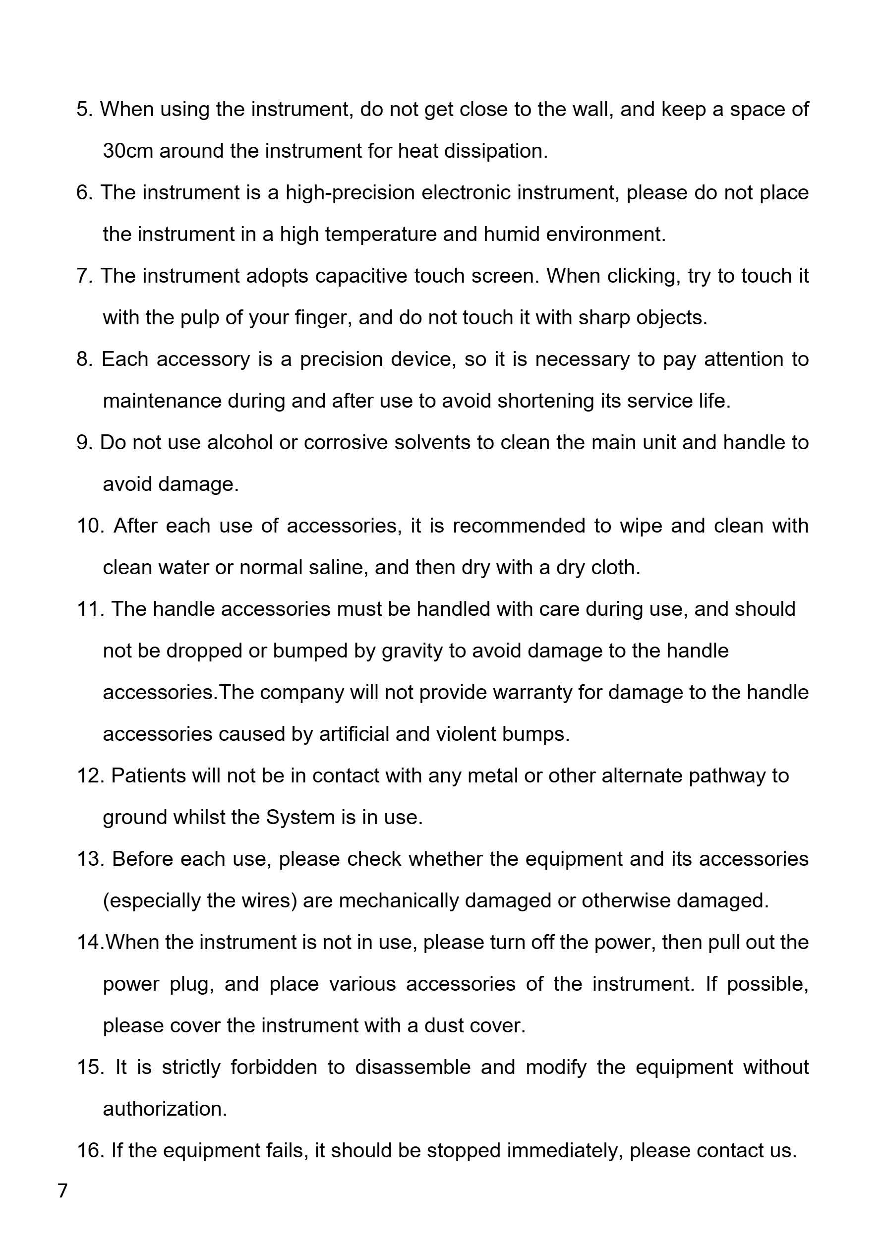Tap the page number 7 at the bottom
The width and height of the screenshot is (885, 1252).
pos(62,1191)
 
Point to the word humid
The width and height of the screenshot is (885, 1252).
pos(512,235)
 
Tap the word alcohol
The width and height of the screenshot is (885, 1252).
pos(240,443)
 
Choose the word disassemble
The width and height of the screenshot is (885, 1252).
pos(413,1068)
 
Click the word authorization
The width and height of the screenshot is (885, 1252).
pos(165,1109)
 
